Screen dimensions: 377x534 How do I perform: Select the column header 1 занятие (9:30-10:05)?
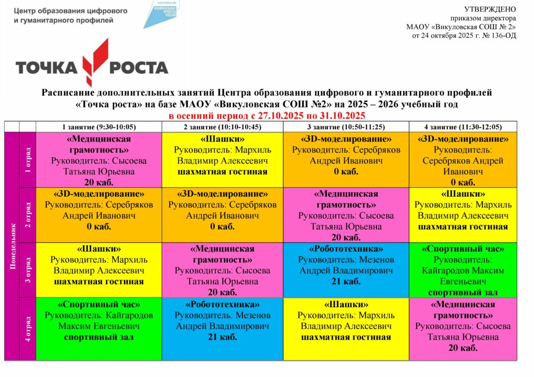tap(99, 127)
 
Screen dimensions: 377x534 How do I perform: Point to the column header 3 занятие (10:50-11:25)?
tap(345, 127)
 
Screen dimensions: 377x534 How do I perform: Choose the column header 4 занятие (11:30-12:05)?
tap(463, 127)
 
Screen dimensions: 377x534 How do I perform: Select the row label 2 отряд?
tap(28, 215)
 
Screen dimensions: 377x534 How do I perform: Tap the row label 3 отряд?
tap(28, 269)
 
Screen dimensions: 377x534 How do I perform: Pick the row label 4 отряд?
tap(28, 328)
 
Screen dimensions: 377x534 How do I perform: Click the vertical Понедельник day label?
tap(12, 246)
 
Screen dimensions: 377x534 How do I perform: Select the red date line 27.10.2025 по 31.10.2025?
tap(266, 115)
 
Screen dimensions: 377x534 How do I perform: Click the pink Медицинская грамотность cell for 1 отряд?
tap(99, 160)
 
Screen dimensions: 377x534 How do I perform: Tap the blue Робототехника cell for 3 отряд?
tap(346, 269)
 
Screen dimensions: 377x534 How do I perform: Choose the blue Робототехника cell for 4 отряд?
tap(222, 328)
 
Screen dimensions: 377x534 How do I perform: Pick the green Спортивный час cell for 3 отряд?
tap(463, 269)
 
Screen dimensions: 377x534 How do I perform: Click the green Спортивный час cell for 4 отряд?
tap(99, 328)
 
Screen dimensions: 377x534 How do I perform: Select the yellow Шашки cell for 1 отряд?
tap(222, 160)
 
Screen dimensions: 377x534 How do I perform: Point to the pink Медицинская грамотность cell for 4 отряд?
tap(463, 328)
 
